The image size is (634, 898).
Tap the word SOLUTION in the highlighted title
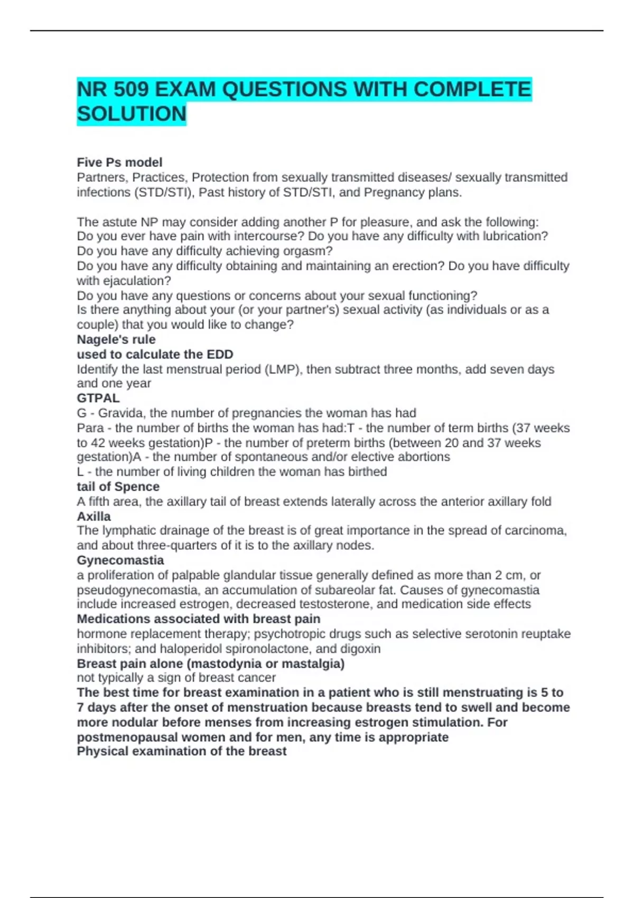(132, 114)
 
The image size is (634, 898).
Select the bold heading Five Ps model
(119, 162)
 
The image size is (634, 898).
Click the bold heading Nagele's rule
(116, 339)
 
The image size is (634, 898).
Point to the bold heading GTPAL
(98, 398)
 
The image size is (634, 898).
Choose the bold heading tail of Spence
(118, 487)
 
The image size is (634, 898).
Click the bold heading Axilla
(94, 516)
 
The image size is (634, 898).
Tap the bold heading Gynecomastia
(120, 560)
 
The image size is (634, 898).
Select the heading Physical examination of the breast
(182, 751)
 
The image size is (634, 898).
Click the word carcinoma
(535, 530)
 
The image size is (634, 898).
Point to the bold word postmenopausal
(132, 737)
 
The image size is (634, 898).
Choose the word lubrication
(515, 236)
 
